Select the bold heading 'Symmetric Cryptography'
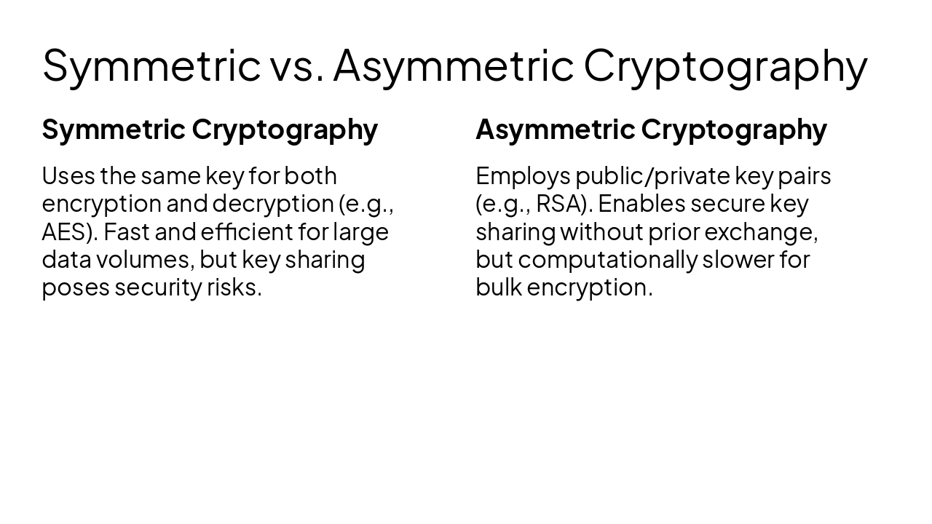[210, 130]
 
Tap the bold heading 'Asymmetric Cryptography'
[651, 130]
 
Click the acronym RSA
[561, 204]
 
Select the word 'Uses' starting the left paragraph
[68, 176]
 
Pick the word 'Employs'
[523, 177]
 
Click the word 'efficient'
[247, 231]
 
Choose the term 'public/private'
[653, 177]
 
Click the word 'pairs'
[805, 177]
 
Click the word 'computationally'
[607, 261]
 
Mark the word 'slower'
[738, 260]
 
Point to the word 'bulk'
[499, 287]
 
